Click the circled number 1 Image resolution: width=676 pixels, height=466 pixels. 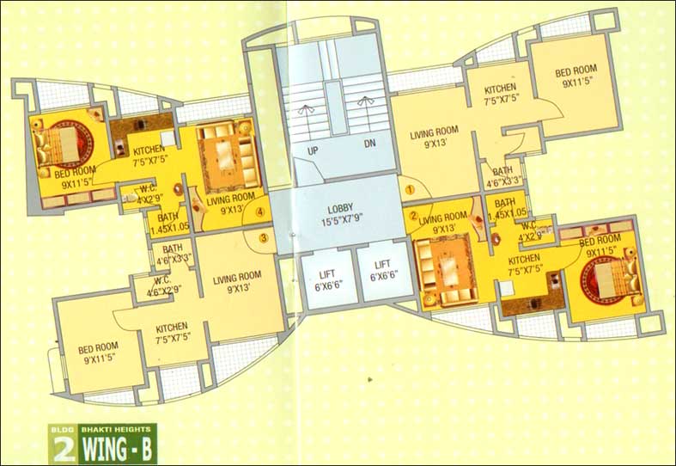coord(411,188)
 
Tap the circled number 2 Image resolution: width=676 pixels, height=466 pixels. coord(413,215)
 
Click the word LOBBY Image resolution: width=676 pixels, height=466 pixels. coord(341,209)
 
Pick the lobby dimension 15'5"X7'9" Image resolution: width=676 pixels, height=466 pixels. coord(341,223)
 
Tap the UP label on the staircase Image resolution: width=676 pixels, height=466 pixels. coord(302,150)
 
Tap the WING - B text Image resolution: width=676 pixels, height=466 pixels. coord(121,448)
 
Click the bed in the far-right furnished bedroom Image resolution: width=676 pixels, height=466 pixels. coord(611,273)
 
